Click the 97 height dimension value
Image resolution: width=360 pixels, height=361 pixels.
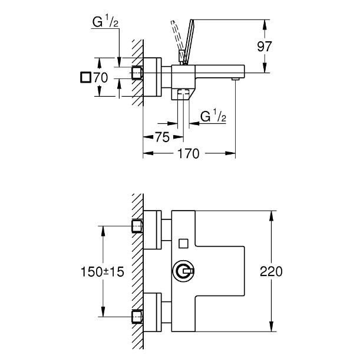click(266, 47)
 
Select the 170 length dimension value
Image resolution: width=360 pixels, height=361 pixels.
click(189, 154)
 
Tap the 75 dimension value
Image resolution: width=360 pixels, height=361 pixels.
click(162, 137)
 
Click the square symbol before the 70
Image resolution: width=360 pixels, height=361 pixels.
click(85, 77)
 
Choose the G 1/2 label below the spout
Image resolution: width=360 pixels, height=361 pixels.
click(213, 116)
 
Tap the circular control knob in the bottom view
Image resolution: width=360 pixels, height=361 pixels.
click(183, 271)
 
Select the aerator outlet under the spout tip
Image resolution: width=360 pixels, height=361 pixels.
click(235, 78)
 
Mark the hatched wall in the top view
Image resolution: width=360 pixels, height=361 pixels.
click(137, 71)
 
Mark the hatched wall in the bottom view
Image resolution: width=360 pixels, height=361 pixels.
click(137, 271)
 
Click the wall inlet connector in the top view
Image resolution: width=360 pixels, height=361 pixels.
click(137, 73)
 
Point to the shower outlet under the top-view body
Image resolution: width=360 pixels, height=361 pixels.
click(183, 94)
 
